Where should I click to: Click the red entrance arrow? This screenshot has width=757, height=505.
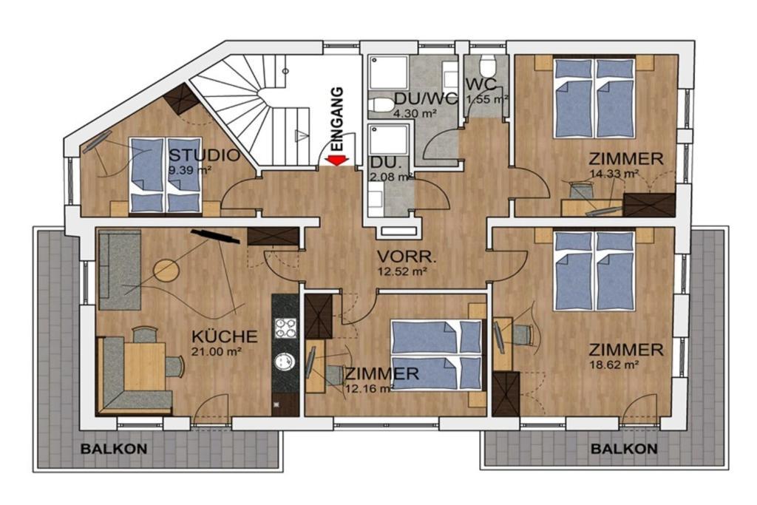336,160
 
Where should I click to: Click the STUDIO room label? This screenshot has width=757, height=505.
204,155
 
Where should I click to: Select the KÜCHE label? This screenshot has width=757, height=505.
225,336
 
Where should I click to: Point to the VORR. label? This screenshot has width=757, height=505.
407,257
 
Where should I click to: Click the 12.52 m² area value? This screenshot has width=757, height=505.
402,272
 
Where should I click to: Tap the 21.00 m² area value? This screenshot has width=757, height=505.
217,352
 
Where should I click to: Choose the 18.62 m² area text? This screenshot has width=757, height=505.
613,365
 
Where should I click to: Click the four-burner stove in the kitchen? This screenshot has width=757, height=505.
285,328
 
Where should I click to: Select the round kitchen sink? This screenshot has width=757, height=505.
285,362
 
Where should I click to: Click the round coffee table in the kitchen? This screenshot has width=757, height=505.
166,271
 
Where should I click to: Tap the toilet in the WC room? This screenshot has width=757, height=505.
488,64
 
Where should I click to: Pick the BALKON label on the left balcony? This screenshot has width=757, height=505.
114,449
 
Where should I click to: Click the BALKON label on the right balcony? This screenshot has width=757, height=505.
624,449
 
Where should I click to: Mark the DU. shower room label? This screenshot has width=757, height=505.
384,162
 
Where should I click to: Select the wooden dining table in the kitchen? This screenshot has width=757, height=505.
144,365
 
